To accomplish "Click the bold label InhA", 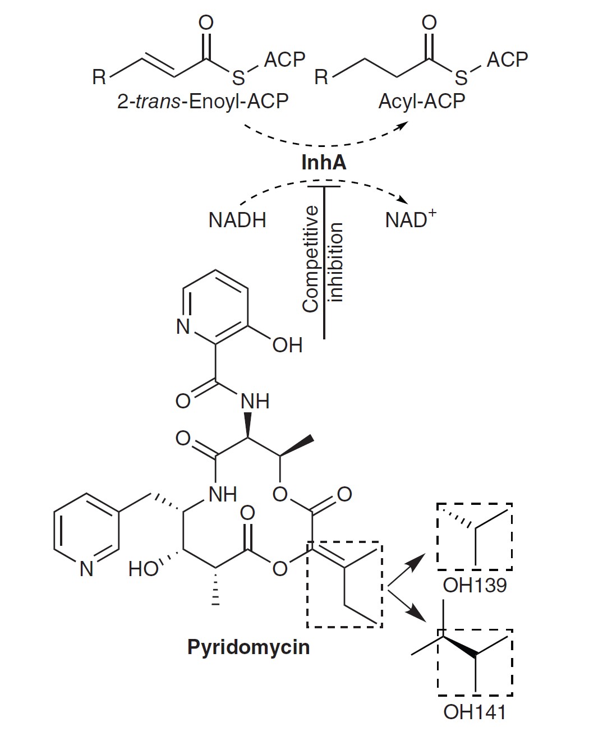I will (x=324, y=162).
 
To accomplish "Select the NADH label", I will (x=237, y=220).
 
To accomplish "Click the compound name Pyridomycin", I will (x=249, y=647).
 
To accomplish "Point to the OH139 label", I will (x=475, y=585).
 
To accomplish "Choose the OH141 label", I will (x=475, y=712).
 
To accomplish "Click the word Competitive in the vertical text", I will (x=310, y=258).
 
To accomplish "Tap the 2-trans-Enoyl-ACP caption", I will (x=203, y=102).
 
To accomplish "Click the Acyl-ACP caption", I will (x=422, y=102).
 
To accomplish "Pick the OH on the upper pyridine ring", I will (x=287, y=345).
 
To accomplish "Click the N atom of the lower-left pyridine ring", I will (x=86, y=569).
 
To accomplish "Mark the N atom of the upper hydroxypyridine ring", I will (x=183, y=326).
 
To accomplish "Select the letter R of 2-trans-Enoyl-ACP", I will (x=99, y=77).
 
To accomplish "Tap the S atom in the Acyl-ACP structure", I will (x=461, y=77).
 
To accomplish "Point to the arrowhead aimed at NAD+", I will (x=401, y=201).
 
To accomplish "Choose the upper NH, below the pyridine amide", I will (x=255, y=401).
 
